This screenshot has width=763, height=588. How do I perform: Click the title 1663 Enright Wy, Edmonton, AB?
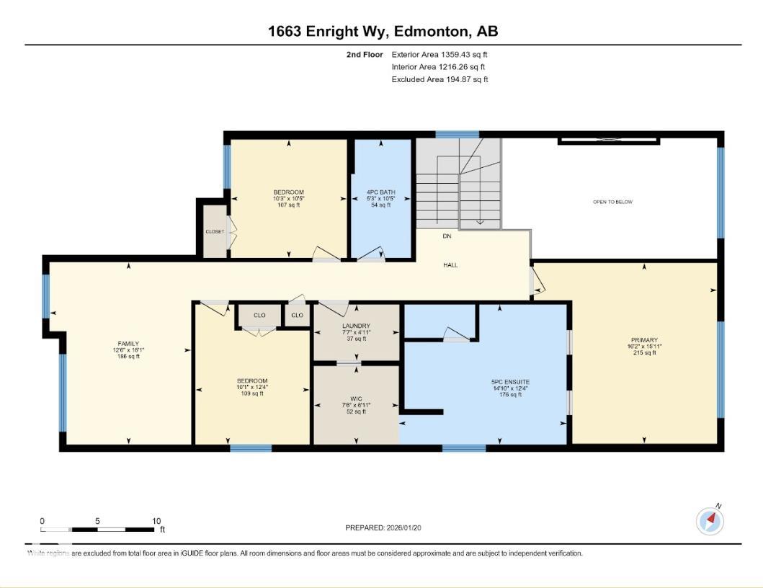pyautogui.click(x=383, y=31)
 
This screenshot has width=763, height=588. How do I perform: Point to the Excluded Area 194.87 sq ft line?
pyautogui.click(x=439, y=79)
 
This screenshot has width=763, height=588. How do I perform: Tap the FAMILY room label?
pyautogui.click(x=128, y=343)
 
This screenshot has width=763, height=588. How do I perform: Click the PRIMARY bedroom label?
pyautogui.click(x=643, y=340)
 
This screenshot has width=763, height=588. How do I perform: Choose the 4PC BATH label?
pyautogui.click(x=380, y=192)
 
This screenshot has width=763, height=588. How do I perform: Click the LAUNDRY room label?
pyautogui.click(x=356, y=326)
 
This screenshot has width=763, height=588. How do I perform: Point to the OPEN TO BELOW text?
pyautogui.click(x=612, y=202)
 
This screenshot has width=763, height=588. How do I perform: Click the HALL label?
pyautogui.click(x=450, y=265)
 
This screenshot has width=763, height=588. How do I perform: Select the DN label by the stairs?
pyautogui.click(x=447, y=236)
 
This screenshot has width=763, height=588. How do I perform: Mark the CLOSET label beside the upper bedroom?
pyautogui.click(x=215, y=232)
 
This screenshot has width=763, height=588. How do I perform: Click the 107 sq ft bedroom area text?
pyautogui.click(x=288, y=205)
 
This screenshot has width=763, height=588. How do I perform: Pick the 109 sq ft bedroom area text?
pyautogui.click(x=252, y=393)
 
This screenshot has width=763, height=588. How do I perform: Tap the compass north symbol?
pyautogui.click(x=710, y=520)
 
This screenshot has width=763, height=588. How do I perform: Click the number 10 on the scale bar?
pyautogui.click(x=156, y=521)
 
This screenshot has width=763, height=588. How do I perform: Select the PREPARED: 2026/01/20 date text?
pyautogui.click(x=383, y=528)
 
